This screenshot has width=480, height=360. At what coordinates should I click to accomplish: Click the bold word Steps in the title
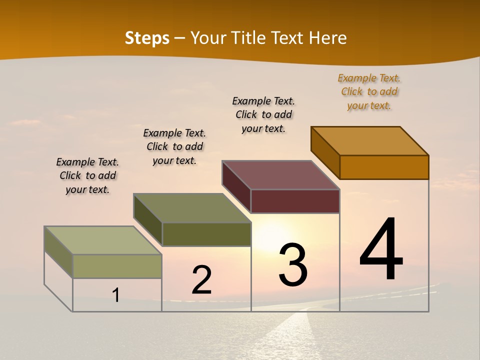tap(147, 38)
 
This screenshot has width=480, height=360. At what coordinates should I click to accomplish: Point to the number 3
tap(292, 264)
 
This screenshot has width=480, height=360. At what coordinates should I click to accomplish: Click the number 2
tap(201, 280)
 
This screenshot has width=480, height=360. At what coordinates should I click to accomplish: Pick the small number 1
tap(116, 295)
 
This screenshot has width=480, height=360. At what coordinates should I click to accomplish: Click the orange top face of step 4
tap(370, 140)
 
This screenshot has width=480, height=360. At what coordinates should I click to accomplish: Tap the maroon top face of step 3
tap(281, 175)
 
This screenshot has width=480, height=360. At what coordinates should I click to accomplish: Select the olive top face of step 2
tap(192, 208)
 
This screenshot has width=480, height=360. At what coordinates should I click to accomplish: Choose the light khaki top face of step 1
tap(103, 240)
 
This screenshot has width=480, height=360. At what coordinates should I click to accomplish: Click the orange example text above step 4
tap(369, 92)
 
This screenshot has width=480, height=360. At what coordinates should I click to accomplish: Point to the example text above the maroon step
tap(263, 114)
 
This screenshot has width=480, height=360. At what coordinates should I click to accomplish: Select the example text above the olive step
tap(174, 146)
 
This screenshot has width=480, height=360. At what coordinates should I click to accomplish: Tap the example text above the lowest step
tap(87, 175)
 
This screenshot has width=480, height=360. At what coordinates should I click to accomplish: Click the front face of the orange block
tap(384, 167)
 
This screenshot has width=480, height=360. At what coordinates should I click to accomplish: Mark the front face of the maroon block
tap(295, 201)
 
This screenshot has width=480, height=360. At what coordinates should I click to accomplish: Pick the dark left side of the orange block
tap(325, 152)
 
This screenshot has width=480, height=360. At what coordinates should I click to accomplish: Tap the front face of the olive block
tap(206, 234)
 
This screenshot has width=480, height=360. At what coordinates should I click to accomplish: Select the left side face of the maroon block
tap(236, 186)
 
